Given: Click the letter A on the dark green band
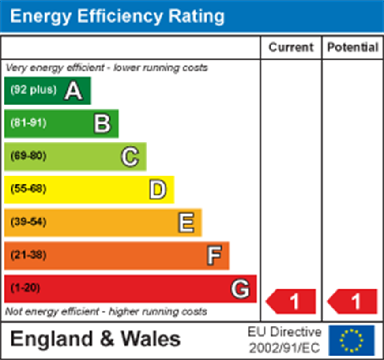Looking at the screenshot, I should click(x=73, y=91).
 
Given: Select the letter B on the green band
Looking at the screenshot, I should click(x=102, y=124).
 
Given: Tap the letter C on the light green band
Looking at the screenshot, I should click(x=130, y=157).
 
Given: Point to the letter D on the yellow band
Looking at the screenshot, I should click(x=158, y=190).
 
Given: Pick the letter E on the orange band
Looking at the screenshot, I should click(x=186, y=223).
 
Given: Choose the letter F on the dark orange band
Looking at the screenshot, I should click(x=214, y=256).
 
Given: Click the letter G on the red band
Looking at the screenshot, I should click(x=240, y=289).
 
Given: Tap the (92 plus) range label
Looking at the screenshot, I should click(x=34, y=90).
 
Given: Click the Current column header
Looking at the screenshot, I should click(x=291, y=48).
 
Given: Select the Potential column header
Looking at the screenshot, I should click(x=353, y=48).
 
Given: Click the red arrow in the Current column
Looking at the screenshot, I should click(x=291, y=302).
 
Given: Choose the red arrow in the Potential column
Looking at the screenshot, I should click(x=353, y=302).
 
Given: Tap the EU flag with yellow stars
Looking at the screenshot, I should click(x=352, y=340).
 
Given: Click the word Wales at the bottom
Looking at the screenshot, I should click(x=151, y=339).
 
